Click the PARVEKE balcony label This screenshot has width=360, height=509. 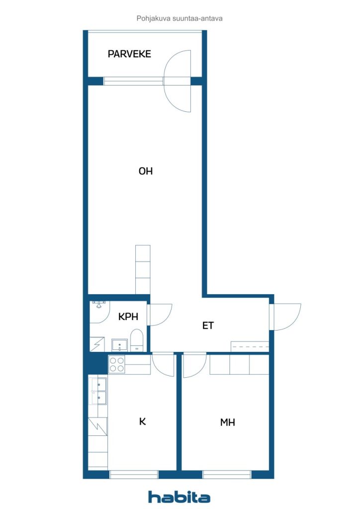[129, 54]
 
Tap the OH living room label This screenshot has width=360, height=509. [145, 171]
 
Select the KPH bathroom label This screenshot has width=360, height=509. [128, 317]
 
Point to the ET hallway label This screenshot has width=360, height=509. [208, 325]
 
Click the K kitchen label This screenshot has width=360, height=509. [142, 422]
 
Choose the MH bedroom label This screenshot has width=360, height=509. [227, 423]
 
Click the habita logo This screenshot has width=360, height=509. [179, 497]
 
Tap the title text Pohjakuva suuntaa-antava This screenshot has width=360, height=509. [180, 18]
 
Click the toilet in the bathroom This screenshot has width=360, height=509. [137, 340]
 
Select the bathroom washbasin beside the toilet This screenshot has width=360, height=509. [120, 345]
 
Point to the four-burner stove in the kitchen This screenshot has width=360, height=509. [117, 364]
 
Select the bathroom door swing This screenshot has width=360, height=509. [160, 315]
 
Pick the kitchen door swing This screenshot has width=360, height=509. [163, 365]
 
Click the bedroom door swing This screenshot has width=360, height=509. [195, 366]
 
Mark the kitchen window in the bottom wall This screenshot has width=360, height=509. [134, 474]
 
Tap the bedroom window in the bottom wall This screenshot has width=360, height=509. [227, 474]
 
